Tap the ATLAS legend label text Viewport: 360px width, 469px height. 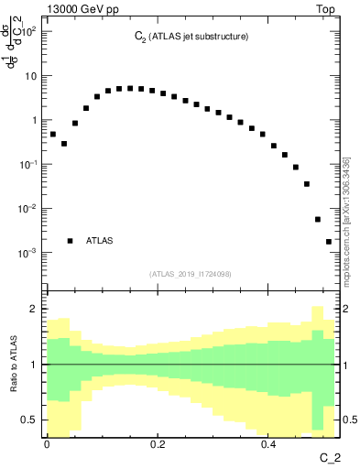(99, 241)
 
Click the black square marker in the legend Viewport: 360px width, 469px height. (71, 241)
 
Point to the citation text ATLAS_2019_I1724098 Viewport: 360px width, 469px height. (190, 274)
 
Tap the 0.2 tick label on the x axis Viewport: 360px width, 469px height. (158, 445)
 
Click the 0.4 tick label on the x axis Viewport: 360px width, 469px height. (268, 445)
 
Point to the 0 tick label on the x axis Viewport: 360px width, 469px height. (47, 445)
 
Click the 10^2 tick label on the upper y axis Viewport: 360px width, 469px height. (29, 32)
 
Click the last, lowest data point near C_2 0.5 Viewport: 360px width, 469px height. (329, 242)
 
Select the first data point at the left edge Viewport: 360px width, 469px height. (53, 135)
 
